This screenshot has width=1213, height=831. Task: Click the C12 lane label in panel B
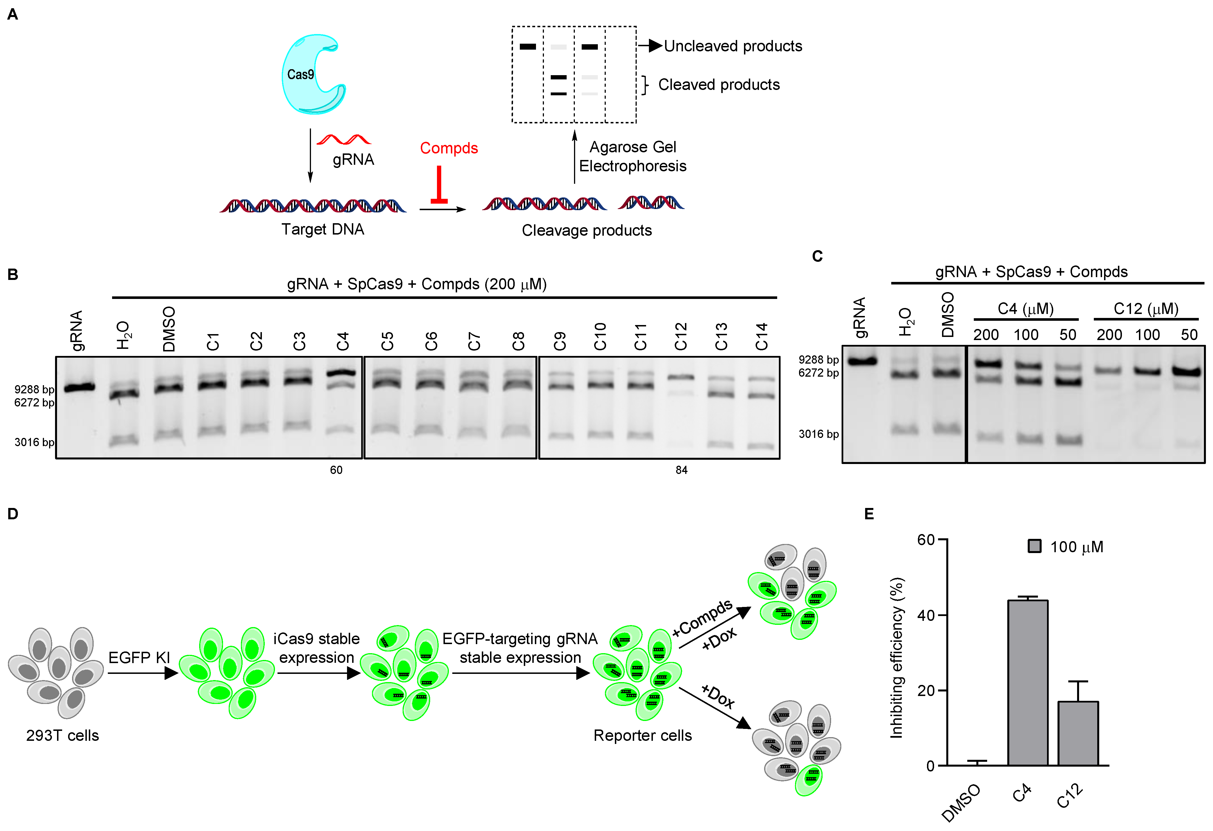681,336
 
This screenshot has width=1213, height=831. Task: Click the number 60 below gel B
336,470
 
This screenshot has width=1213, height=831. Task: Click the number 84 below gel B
681,470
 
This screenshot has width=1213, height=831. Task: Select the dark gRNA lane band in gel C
862,361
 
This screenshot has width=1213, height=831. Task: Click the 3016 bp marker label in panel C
818,434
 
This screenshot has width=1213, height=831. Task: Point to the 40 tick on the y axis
926,615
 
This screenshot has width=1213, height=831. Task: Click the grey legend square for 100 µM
1034,546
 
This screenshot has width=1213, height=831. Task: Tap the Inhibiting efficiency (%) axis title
896,657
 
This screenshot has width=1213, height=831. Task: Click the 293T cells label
63,735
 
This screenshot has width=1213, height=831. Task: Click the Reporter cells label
642,735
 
